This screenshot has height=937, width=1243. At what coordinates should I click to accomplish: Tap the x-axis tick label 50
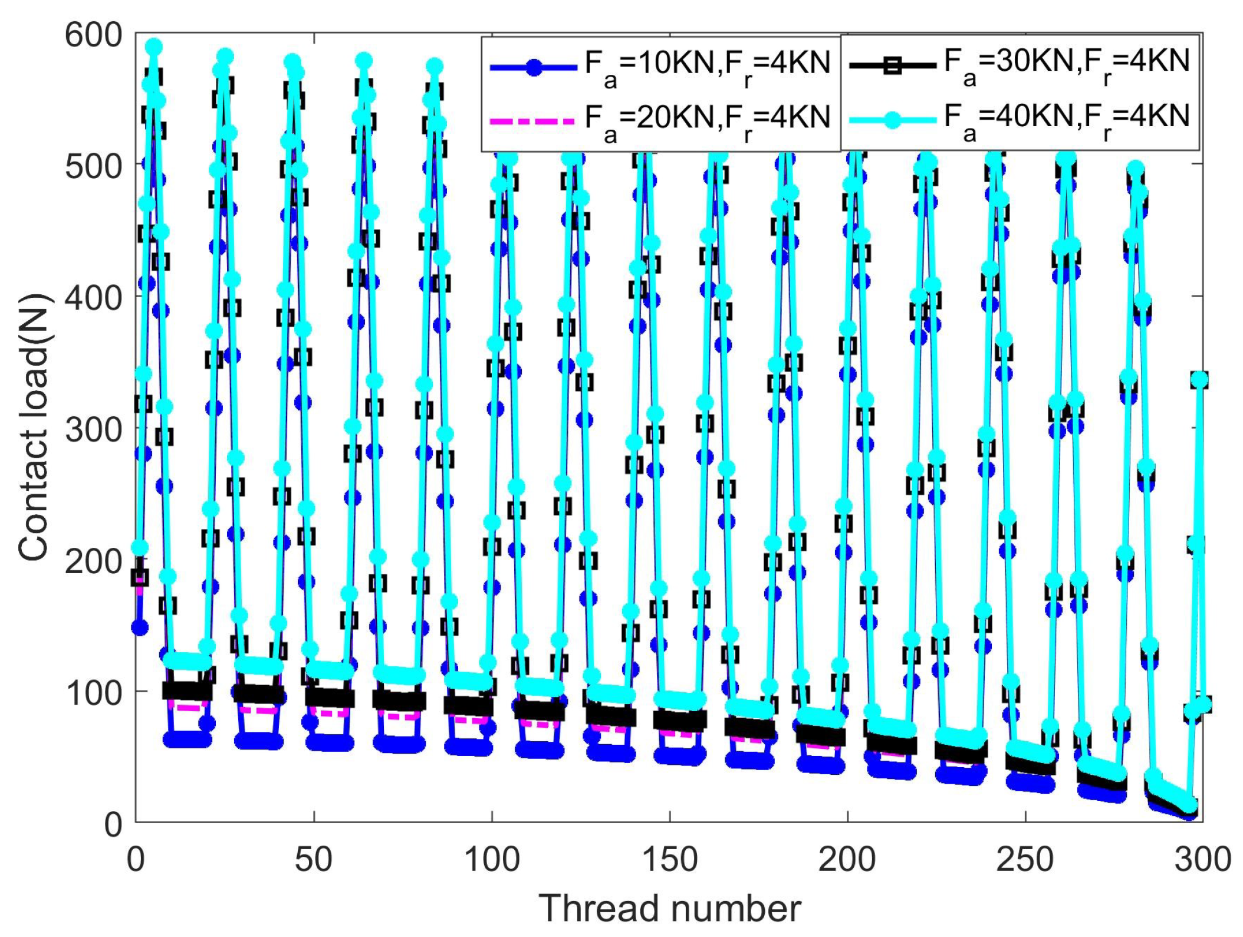[x=313, y=860]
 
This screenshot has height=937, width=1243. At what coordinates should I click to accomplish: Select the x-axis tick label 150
[x=669, y=860]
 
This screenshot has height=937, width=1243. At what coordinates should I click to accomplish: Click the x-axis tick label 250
[x=1025, y=860]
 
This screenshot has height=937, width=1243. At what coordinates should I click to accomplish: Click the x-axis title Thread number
[x=669, y=909]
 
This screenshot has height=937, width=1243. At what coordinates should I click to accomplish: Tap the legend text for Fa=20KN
[x=707, y=121]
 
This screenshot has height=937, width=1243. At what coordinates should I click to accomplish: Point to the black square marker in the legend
[x=893, y=65]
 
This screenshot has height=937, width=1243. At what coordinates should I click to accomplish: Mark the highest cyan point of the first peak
[x=154, y=47]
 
